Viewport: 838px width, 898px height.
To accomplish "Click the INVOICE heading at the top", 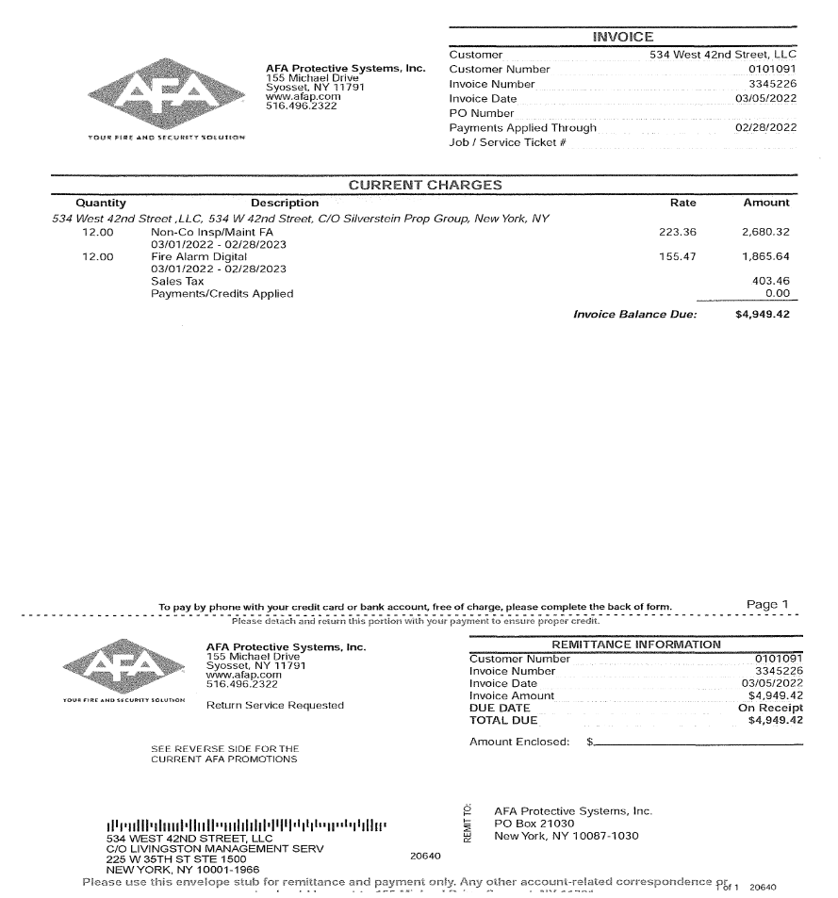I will click(622, 37).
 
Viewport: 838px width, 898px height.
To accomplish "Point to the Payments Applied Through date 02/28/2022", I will click(765, 127).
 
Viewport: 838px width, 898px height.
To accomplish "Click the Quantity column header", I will click(101, 203).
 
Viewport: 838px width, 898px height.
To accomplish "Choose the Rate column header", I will click(682, 203).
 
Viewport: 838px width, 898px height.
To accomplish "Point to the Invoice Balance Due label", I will click(634, 314).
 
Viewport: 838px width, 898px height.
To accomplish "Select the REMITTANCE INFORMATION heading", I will click(635, 645).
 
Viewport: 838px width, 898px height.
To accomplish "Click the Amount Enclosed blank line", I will click(698, 743).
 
